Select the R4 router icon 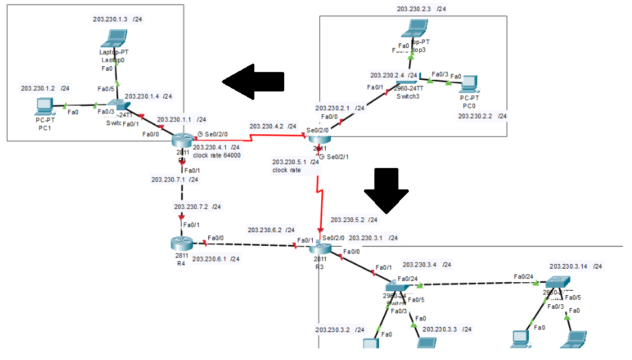182,243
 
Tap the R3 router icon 320,249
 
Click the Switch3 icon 409,86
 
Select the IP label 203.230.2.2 476,116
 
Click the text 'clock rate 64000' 217,155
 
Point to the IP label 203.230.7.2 192,207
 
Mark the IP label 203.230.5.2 348,220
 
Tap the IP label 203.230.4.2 267,126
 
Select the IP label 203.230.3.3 441,330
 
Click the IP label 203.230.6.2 265,230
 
